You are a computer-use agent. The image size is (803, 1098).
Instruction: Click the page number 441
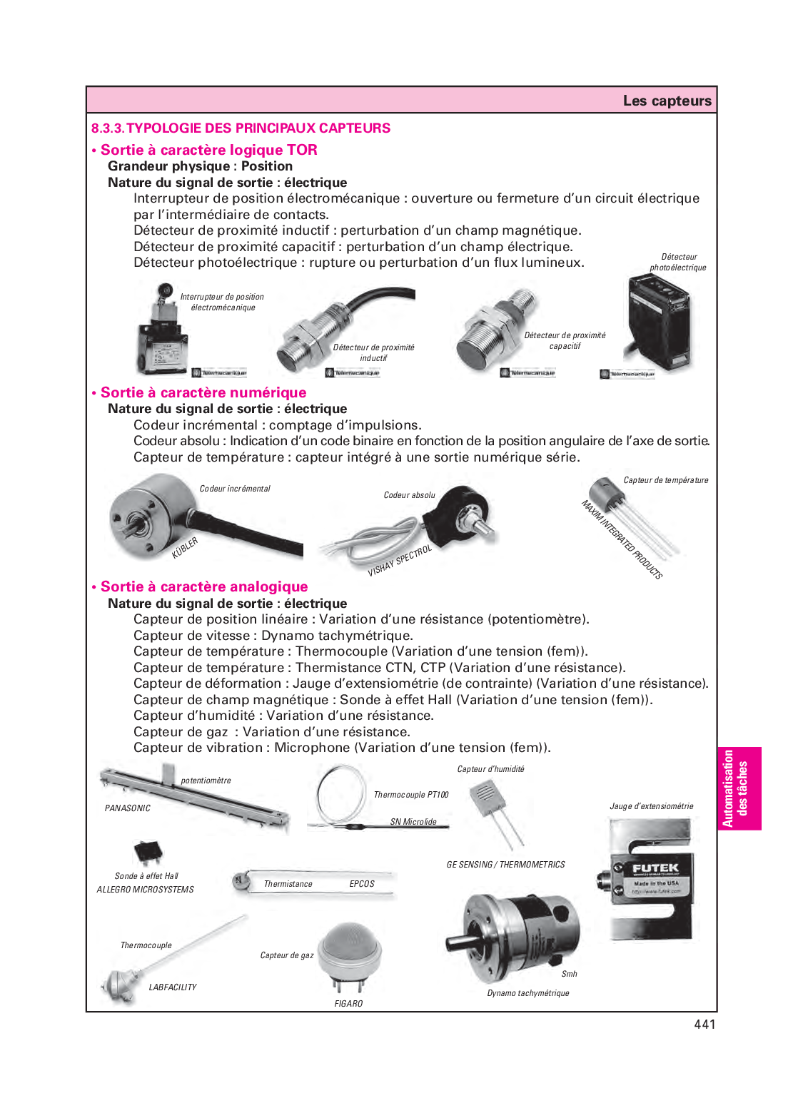(704, 1024)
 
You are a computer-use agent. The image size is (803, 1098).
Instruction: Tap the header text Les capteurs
(667, 101)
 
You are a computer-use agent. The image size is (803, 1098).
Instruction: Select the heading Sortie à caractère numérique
(203, 392)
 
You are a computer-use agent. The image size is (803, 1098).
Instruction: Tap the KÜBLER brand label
(185, 548)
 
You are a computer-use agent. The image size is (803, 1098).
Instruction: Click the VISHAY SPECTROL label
(400, 561)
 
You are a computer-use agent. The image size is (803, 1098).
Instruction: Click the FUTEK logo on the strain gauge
(655, 868)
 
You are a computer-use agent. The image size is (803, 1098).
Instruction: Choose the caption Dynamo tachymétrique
(528, 993)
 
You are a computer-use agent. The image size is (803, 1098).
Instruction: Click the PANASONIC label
(128, 808)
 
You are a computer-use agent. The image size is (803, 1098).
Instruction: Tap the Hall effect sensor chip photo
(148, 852)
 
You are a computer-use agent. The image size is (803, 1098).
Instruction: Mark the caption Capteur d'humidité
(490, 769)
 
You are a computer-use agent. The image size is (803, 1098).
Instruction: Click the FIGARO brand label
(348, 1004)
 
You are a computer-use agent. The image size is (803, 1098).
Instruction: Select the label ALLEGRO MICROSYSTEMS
(146, 890)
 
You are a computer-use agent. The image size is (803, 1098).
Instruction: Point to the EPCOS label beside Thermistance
(362, 884)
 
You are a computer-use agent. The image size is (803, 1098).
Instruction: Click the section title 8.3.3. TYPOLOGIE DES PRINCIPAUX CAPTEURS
(241, 128)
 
